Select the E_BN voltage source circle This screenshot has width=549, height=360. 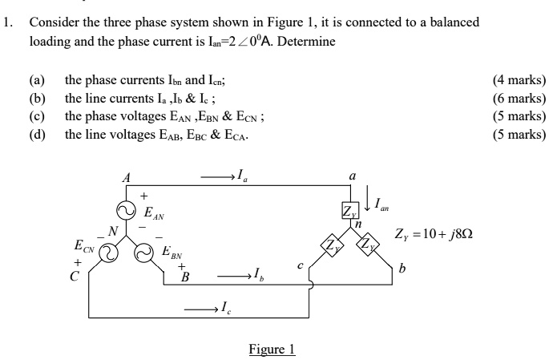[143, 253]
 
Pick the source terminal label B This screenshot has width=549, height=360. [185, 277]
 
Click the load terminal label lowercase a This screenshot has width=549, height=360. [350, 174]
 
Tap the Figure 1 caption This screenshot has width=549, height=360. [272, 349]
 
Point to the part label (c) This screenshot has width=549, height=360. [36, 117]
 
